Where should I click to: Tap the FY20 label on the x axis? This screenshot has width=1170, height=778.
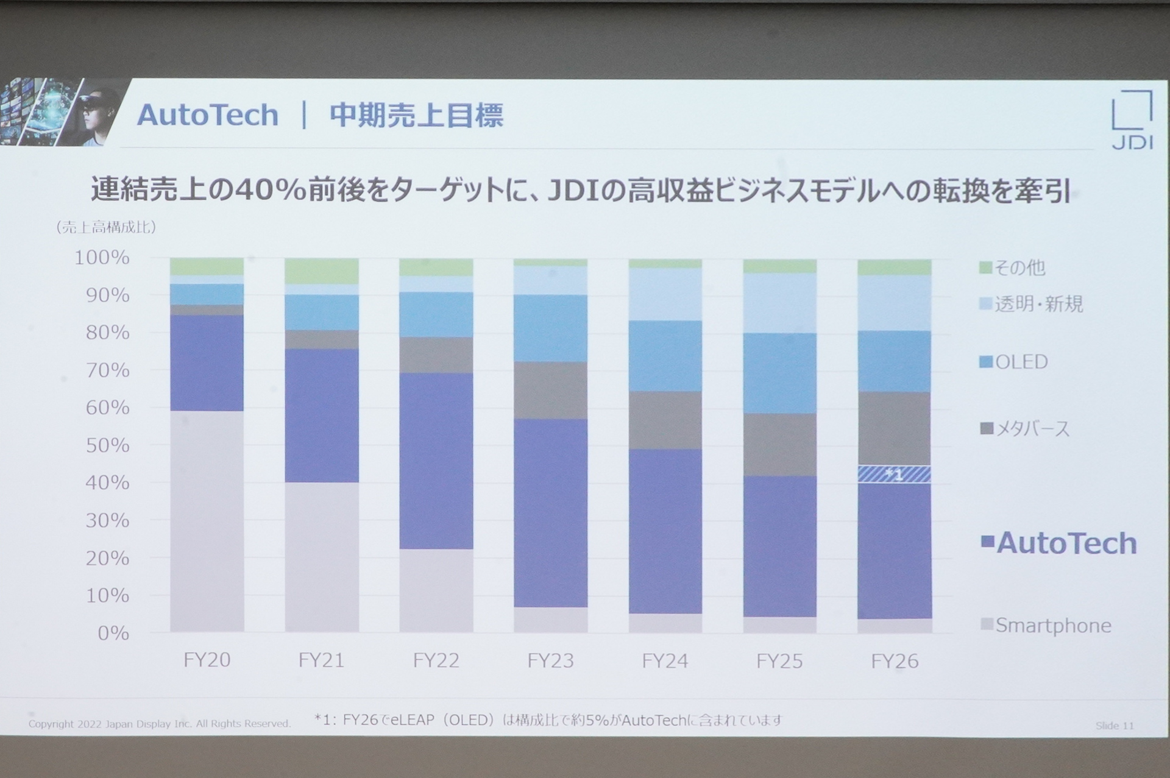tap(207, 660)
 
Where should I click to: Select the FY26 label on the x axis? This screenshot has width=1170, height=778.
tap(895, 661)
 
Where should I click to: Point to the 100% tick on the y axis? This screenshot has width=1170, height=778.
tap(102, 258)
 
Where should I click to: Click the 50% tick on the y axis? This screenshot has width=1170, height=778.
tap(107, 445)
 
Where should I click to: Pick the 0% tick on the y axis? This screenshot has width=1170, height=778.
tap(113, 633)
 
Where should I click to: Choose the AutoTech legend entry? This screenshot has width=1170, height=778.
tap(1059, 543)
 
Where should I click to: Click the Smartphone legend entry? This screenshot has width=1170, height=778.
tap(1046, 626)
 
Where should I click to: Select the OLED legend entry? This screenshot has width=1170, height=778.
tap(1014, 362)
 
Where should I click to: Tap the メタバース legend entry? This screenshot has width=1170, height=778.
tap(1025, 429)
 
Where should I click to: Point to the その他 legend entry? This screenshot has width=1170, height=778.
tap(1012, 267)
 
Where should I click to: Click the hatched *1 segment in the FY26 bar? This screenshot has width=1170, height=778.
tap(895, 474)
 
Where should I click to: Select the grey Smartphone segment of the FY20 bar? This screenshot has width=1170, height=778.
tap(207, 521)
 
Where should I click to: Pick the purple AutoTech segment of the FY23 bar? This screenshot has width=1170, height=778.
tap(551, 512)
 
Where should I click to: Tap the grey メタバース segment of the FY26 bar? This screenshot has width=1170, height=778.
tap(895, 428)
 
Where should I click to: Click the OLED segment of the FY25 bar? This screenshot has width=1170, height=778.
tap(780, 373)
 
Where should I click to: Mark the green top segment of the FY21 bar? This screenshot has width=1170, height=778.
tap(322, 271)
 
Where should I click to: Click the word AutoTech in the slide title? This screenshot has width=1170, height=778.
tap(208, 115)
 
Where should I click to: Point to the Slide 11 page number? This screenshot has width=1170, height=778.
tap(1114, 726)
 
